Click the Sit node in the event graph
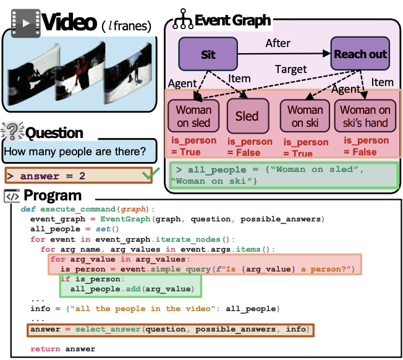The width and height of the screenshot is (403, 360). tap(208, 54)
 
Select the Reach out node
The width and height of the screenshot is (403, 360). tap(360, 54)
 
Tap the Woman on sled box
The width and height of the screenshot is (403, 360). tap(193, 116)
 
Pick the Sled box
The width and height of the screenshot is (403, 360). tap(247, 116)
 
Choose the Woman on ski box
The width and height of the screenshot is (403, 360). tap(305, 116)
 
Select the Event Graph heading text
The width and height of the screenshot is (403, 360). tap(232, 20)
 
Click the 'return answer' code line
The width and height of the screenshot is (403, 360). tap(63, 349)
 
